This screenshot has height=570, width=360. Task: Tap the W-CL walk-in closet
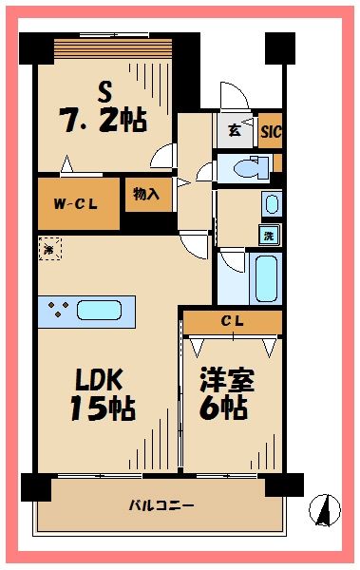pyautogui.click(x=70, y=201)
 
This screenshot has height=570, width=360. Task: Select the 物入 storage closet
pyautogui.click(x=147, y=195)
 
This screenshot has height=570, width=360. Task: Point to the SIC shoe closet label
pyautogui.click(x=271, y=130)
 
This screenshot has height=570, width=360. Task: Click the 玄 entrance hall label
pyautogui.click(x=235, y=130)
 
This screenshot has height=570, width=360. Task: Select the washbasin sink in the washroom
pyautogui.click(x=271, y=203)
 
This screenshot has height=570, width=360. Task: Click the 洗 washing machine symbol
pyautogui.click(x=270, y=235)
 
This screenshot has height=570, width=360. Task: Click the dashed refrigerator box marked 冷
pyautogui.click(x=49, y=249)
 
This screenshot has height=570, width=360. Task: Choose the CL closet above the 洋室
pyautogui.click(x=233, y=322)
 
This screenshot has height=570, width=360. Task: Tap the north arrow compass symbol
pyautogui.click(x=326, y=509)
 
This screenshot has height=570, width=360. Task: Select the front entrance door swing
pyautogui.click(x=233, y=97)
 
